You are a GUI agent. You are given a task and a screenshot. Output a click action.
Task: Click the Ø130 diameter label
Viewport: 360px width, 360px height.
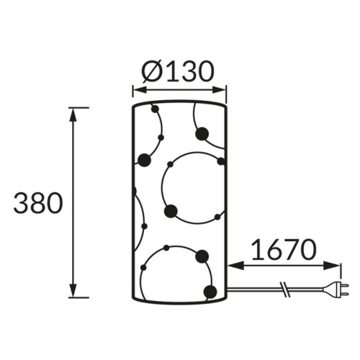[x=179, y=71]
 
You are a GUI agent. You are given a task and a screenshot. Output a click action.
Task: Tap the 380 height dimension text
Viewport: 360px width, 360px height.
[x=37, y=204]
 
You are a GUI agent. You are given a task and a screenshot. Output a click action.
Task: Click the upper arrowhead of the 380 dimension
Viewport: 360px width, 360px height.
[x=73, y=114]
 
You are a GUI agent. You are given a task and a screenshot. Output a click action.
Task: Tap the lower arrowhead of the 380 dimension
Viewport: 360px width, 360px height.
[x=73, y=292]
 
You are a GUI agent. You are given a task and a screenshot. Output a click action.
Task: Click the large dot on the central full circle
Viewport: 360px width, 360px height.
[x=171, y=210]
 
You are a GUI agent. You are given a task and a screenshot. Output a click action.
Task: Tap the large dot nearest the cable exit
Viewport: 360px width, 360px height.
[x=210, y=292]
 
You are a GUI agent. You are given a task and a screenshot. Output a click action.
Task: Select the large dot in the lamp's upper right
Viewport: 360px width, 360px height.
[x=202, y=132]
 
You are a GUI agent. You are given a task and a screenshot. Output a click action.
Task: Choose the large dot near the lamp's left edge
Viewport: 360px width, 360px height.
[x=144, y=160]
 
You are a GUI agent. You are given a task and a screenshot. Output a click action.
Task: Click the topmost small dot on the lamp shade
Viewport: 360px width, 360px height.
[x=153, y=110]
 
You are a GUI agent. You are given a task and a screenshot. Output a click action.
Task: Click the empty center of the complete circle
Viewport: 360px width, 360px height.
[x=192, y=186]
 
